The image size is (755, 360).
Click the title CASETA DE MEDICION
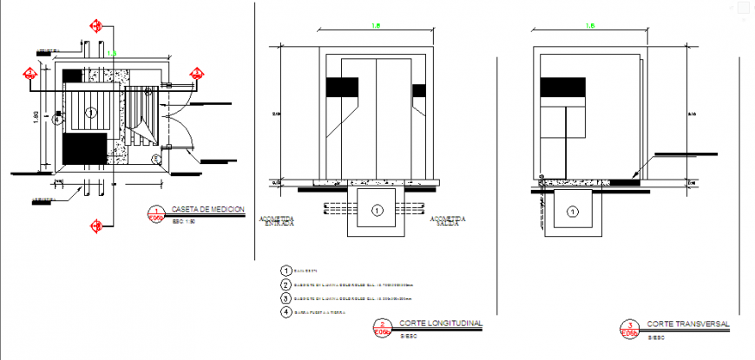point(208,210)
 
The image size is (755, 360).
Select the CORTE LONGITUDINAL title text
point(440,323)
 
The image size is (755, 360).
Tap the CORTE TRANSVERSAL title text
point(688,323)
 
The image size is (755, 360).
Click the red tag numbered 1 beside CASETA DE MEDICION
point(155,214)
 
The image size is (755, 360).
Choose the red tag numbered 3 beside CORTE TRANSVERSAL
point(628,327)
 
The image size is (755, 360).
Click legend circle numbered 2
point(286,285)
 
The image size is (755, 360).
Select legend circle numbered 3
point(286,298)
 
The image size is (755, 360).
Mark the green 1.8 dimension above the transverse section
point(589,26)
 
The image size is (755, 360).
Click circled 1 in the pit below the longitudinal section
point(377,210)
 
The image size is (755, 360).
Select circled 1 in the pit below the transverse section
point(573,211)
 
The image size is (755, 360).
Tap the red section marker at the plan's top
point(95,26)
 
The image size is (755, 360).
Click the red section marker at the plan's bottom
point(95,226)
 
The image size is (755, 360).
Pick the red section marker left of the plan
point(30,75)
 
